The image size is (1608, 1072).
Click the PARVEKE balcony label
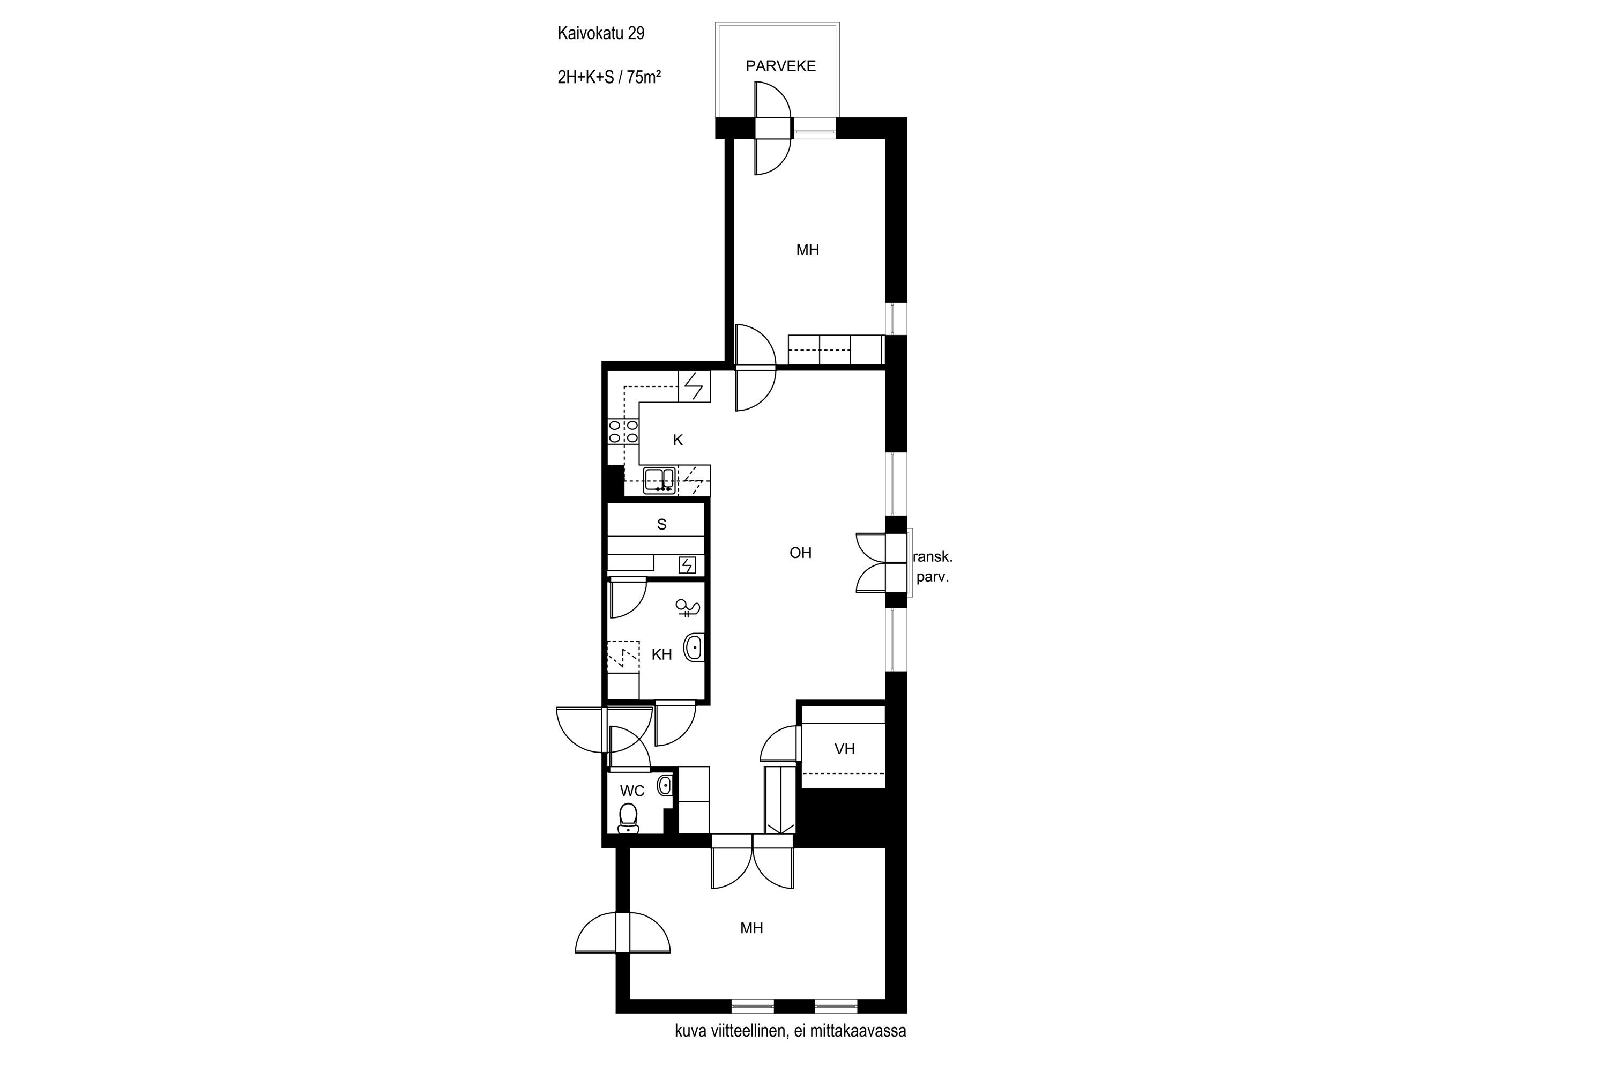tap(781, 66)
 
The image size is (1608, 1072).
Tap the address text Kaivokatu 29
tap(601, 33)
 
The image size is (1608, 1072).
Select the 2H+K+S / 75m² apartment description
tap(609, 77)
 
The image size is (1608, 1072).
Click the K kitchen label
tap(678, 440)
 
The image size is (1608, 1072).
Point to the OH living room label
tap(801, 553)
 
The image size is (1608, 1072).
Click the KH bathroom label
tap(662, 655)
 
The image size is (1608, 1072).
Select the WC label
tap(632, 791)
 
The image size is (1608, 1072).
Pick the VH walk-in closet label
tap(845, 749)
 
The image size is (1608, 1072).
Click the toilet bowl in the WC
tap(628, 818)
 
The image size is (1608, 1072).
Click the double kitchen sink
tap(660, 480)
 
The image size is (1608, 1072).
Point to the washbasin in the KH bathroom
tap(695, 647)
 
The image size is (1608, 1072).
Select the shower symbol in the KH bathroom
tap(687, 608)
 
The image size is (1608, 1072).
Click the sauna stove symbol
tap(687, 565)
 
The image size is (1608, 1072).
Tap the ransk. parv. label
tap(933, 567)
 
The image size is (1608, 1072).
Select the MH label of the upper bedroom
tap(807, 250)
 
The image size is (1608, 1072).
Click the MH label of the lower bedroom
tap(751, 928)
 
